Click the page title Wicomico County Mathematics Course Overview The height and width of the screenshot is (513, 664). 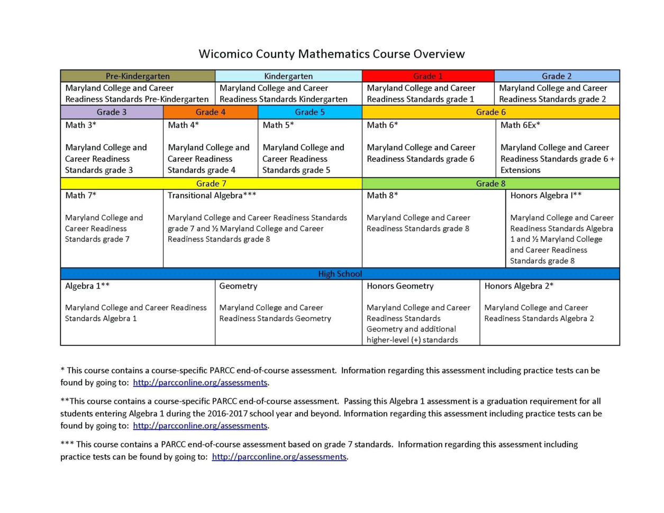332,54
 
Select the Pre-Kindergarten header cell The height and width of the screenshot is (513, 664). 138,76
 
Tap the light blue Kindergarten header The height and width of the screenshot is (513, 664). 288,76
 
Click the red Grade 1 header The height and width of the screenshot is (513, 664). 427,76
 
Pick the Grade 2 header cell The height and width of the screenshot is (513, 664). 557,76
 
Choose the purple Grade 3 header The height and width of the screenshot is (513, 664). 112,112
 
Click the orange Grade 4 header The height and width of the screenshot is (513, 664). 211,112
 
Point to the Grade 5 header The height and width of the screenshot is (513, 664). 310,112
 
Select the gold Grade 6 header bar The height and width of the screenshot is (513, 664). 490,112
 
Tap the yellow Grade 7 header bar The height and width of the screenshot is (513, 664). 211,184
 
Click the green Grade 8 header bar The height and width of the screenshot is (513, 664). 490,184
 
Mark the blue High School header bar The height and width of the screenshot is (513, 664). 340,274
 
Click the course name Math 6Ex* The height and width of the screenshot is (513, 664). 520,125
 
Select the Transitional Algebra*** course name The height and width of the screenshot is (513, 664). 212,196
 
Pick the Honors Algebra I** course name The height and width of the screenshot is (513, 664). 546,196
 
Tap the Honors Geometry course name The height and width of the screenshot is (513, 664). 400,286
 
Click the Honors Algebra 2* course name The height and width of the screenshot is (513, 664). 519,286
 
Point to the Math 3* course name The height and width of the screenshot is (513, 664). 80,125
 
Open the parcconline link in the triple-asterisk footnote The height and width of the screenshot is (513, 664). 279,457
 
